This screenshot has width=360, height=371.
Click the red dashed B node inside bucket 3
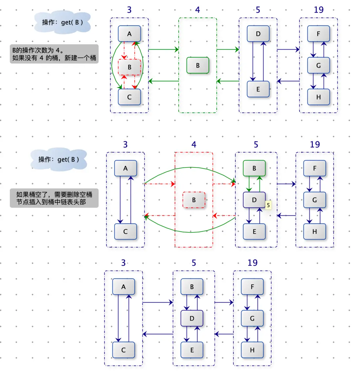[130, 67]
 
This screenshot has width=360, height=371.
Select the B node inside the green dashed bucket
[198, 65]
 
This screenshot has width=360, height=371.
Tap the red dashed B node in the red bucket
[194, 200]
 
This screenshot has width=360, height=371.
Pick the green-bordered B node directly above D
[254, 168]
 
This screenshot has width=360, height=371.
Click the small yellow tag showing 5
[268, 205]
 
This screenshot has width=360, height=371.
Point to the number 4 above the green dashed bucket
[197, 10]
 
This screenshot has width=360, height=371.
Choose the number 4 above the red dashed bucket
[194, 145]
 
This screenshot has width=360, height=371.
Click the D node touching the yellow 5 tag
[254, 200]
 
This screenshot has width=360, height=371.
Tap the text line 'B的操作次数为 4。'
[38, 50]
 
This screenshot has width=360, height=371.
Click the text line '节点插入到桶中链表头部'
[51, 202]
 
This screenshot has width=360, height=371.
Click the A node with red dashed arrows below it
[129, 34]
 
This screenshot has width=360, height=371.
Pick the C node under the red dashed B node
[129, 97]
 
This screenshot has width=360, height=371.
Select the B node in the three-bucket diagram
[192, 287]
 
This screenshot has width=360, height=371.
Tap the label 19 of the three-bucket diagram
[252, 263]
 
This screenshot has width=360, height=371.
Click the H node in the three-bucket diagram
[252, 350]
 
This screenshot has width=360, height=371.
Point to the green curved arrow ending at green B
[190, 168]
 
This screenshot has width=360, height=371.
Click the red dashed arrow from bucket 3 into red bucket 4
[160, 184]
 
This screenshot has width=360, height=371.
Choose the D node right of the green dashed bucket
[258, 34]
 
